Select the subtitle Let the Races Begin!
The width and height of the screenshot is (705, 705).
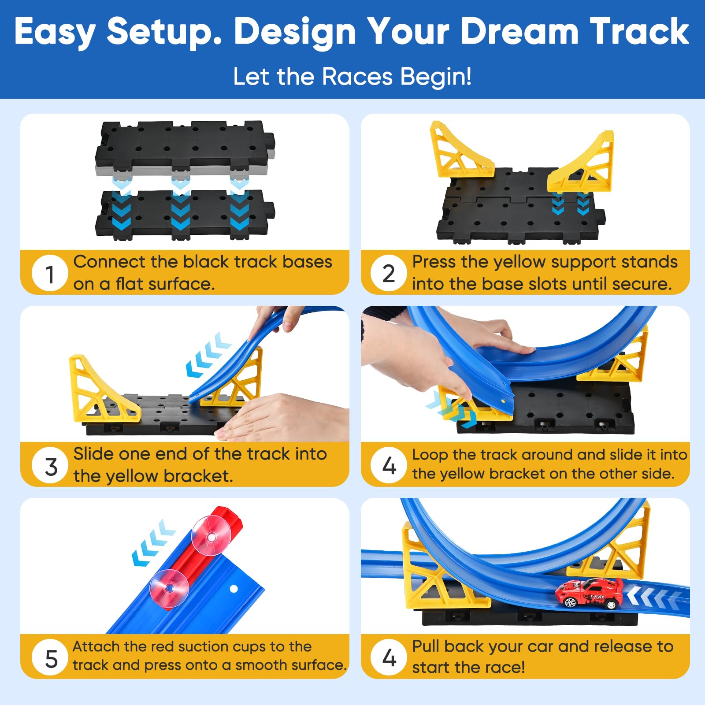352,77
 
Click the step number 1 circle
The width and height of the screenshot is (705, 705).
50,273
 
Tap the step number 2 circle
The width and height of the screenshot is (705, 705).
389,273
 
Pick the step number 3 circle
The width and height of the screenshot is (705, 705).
51,466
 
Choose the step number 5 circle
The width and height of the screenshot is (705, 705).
51,658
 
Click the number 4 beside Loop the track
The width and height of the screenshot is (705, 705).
389,465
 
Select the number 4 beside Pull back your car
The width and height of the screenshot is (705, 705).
389,657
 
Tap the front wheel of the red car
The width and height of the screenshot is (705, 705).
570,601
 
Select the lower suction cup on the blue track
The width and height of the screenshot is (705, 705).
169,589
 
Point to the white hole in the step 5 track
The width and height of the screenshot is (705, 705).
234,589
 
